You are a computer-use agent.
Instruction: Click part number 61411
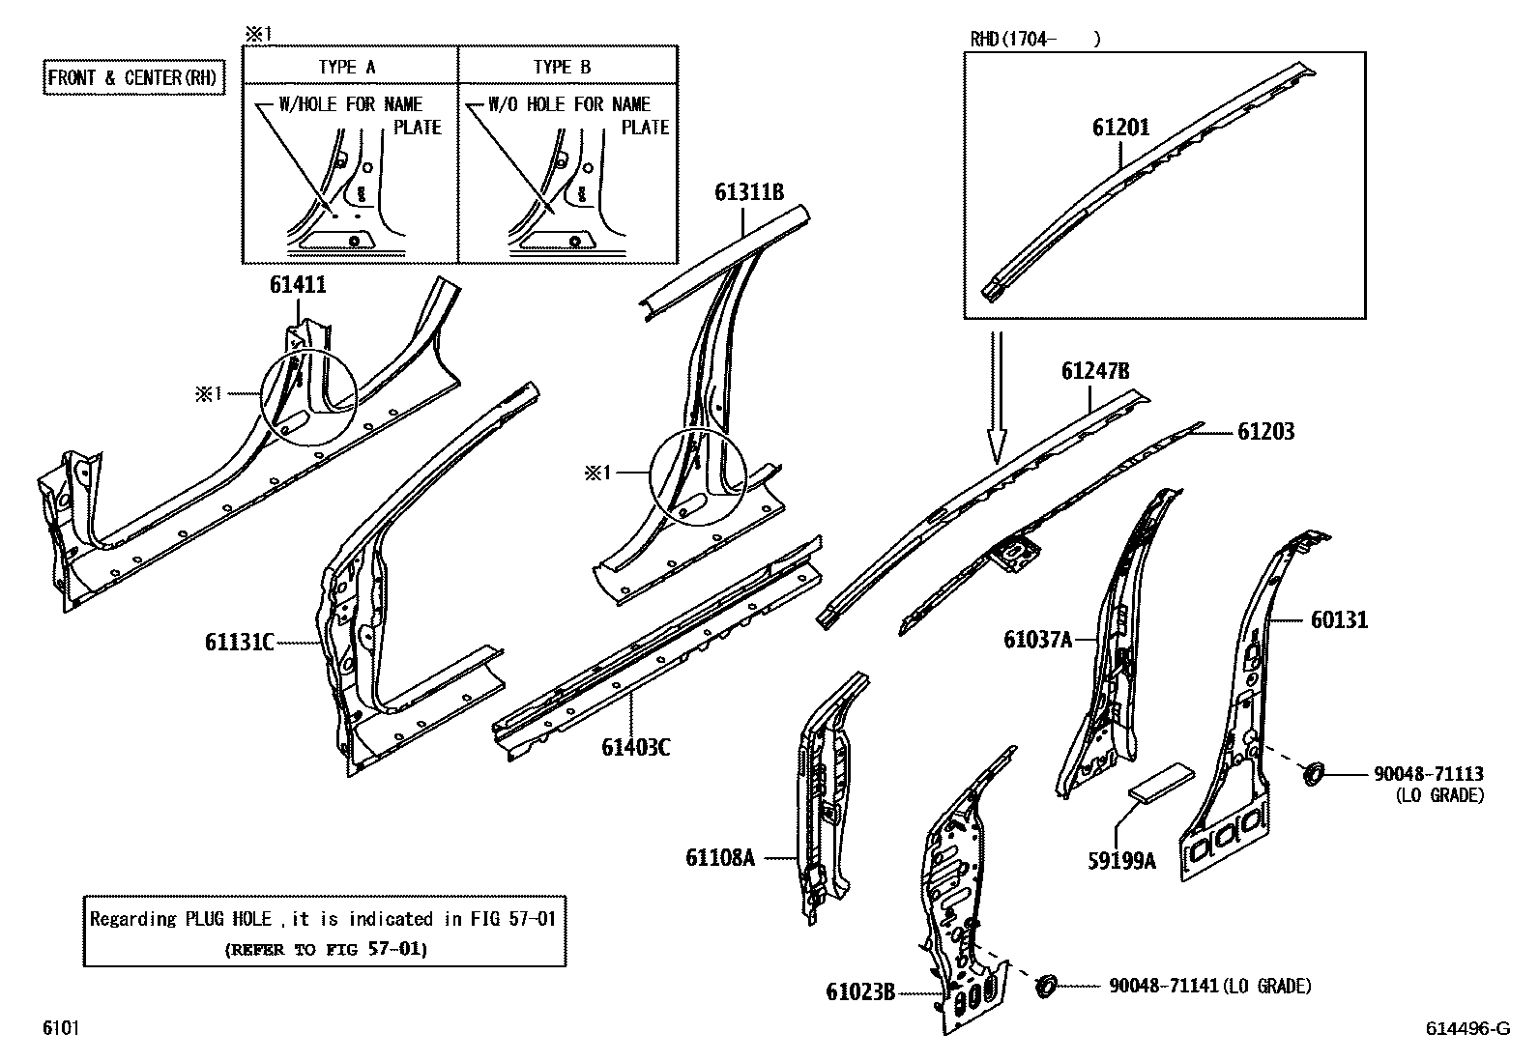297,285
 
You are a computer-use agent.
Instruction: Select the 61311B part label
749,191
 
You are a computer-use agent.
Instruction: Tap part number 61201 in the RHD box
1121,128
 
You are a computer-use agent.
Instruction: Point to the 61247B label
1095,371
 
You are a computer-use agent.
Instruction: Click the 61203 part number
1265,432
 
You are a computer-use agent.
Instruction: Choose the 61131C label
240,642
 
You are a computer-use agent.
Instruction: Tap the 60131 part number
1339,619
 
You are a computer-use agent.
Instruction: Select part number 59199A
1121,860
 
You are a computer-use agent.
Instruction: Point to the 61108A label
719,857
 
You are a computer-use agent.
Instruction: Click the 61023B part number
860,991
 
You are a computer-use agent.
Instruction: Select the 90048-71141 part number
1164,986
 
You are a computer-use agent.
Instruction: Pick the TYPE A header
347,67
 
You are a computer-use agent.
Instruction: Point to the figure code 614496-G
1466,1029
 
